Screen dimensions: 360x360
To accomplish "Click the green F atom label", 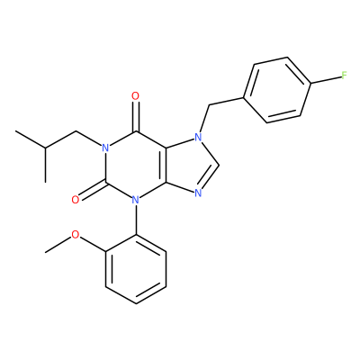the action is (x=344, y=76).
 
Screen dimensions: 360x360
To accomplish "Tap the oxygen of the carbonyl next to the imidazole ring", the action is (x=136, y=96).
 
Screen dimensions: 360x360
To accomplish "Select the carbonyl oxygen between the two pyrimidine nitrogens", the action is (x=76, y=200).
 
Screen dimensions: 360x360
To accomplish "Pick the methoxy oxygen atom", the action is (x=76, y=235).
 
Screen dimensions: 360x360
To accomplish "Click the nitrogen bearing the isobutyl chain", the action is (x=105, y=148).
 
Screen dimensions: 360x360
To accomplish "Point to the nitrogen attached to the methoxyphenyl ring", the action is (x=136, y=200).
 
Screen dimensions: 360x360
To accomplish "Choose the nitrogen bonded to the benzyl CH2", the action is (x=198, y=138).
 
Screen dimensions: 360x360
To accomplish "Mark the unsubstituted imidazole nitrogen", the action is (x=198, y=193).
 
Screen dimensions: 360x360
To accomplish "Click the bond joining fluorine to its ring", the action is (x=326, y=79).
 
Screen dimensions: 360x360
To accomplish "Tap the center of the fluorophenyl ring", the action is (x=277, y=90).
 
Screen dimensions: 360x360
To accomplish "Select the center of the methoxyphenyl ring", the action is (x=136, y=269).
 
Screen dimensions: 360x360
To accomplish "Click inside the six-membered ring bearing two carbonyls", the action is (x=136, y=165).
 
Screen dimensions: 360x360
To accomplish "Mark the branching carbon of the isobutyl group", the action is (x=45, y=148).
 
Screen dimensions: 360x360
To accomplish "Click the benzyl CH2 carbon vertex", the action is (x=209, y=105).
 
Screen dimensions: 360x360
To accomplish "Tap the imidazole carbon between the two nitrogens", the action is (x=219, y=165).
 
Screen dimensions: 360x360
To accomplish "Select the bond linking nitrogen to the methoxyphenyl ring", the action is (x=136, y=220).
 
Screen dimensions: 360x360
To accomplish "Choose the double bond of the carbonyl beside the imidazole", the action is (x=136, y=116).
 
